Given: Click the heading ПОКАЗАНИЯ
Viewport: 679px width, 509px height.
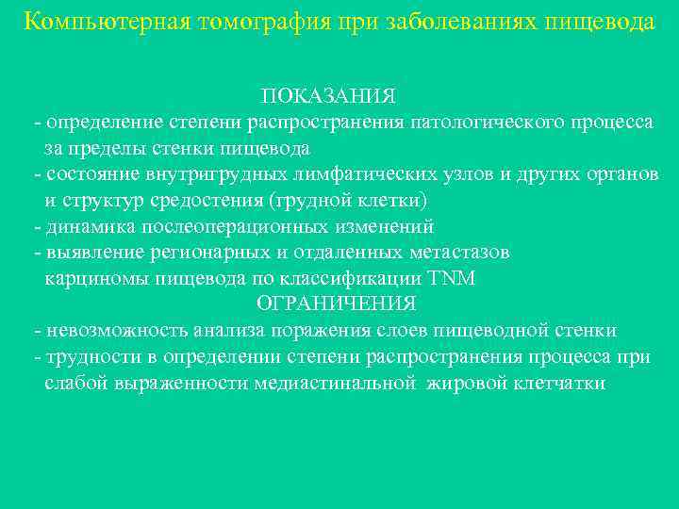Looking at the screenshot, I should point(329,96).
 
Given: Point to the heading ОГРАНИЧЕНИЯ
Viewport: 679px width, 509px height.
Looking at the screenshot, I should point(337,304).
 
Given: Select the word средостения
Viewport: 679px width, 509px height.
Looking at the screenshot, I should point(216,201).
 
